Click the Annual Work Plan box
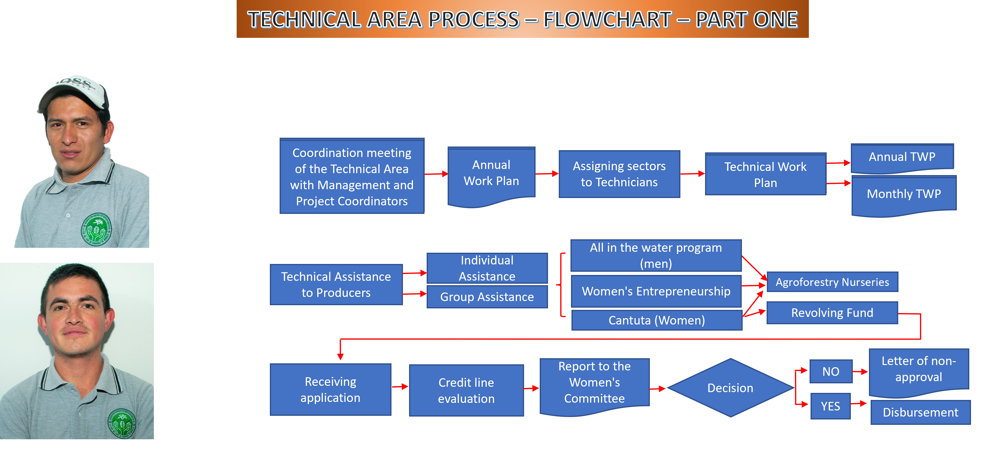point(491,173)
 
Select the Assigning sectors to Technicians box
point(619,174)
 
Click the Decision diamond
point(730,388)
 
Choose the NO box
point(831,372)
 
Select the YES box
point(830,406)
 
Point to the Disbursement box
point(920,412)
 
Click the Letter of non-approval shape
point(918,370)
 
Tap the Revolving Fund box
point(832,313)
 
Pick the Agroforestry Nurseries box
point(832,282)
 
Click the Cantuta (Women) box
point(656,320)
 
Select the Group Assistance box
point(487,297)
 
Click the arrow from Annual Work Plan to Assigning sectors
point(547,174)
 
